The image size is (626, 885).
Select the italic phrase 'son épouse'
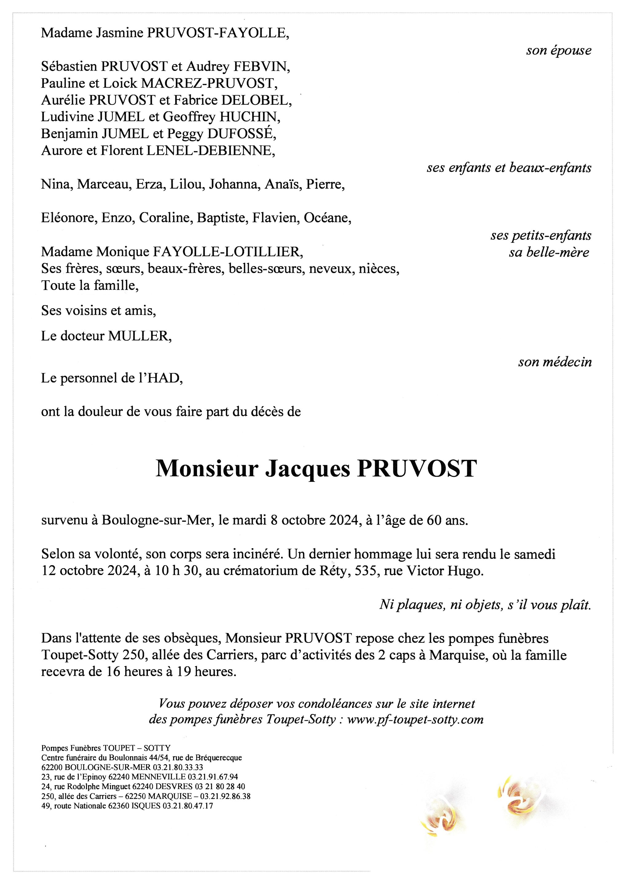(558, 50)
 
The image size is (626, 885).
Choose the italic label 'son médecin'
(555, 362)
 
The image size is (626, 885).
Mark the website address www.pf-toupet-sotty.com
(415, 720)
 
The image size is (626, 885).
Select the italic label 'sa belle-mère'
(549, 253)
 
